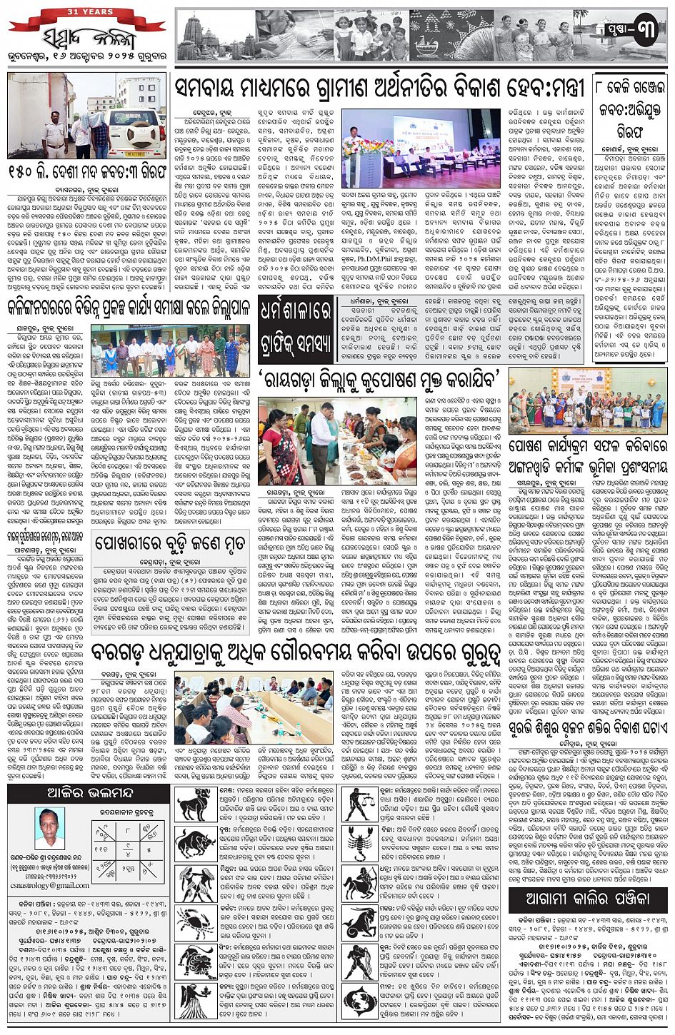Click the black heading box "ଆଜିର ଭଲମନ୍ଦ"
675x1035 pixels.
click(x=89, y=794)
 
